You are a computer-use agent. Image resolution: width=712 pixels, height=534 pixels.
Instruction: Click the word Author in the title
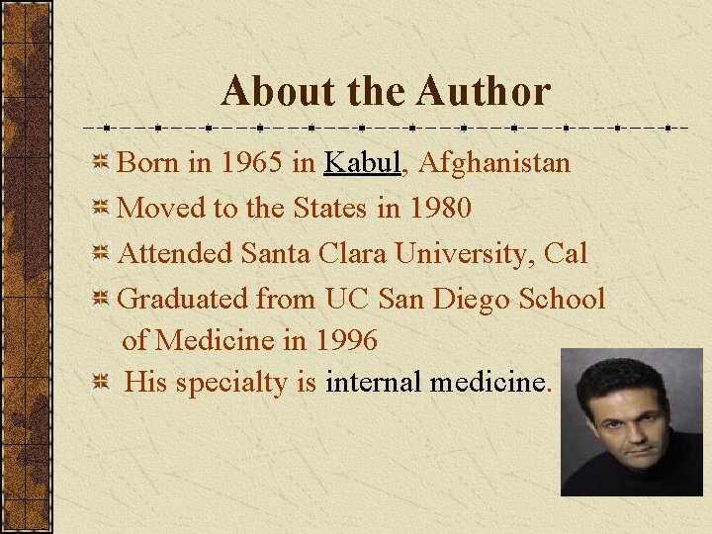(484, 92)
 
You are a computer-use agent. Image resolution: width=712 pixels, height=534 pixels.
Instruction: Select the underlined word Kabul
(362, 162)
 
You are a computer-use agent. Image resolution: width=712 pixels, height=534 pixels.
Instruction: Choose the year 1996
(345, 340)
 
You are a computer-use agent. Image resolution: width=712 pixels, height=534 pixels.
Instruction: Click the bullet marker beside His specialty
(100, 383)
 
